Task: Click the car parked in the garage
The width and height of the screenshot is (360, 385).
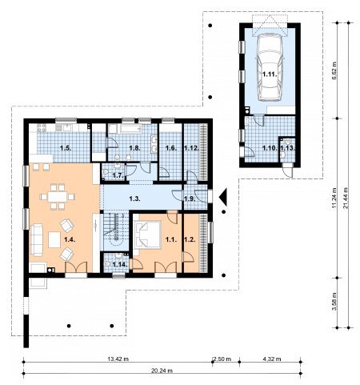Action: [x=270, y=68]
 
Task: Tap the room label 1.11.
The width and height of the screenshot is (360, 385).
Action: [x=270, y=74]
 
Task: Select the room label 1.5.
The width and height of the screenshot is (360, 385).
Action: [x=66, y=148]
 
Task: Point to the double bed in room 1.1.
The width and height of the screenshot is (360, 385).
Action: [x=148, y=235]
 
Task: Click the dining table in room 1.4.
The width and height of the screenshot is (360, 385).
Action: [x=58, y=197]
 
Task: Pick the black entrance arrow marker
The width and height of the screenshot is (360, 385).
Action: [x=223, y=197]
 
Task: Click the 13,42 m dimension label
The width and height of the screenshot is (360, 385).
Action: [x=118, y=359]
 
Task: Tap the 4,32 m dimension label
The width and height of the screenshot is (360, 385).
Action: [x=272, y=359]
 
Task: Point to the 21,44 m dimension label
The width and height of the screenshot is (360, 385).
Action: [x=346, y=198]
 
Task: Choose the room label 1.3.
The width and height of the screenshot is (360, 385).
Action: [x=135, y=199]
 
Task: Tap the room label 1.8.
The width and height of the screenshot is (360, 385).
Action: [x=135, y=148]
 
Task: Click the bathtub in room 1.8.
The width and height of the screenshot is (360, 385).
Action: [x=130, y=129]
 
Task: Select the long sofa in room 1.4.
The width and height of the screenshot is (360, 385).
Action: [x=37, y=239]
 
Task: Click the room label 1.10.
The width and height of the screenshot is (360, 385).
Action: [x=270, y=148]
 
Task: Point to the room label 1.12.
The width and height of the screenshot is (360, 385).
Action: [x=192, y=148]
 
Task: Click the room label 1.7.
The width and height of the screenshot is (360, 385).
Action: [x=118, y=175]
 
